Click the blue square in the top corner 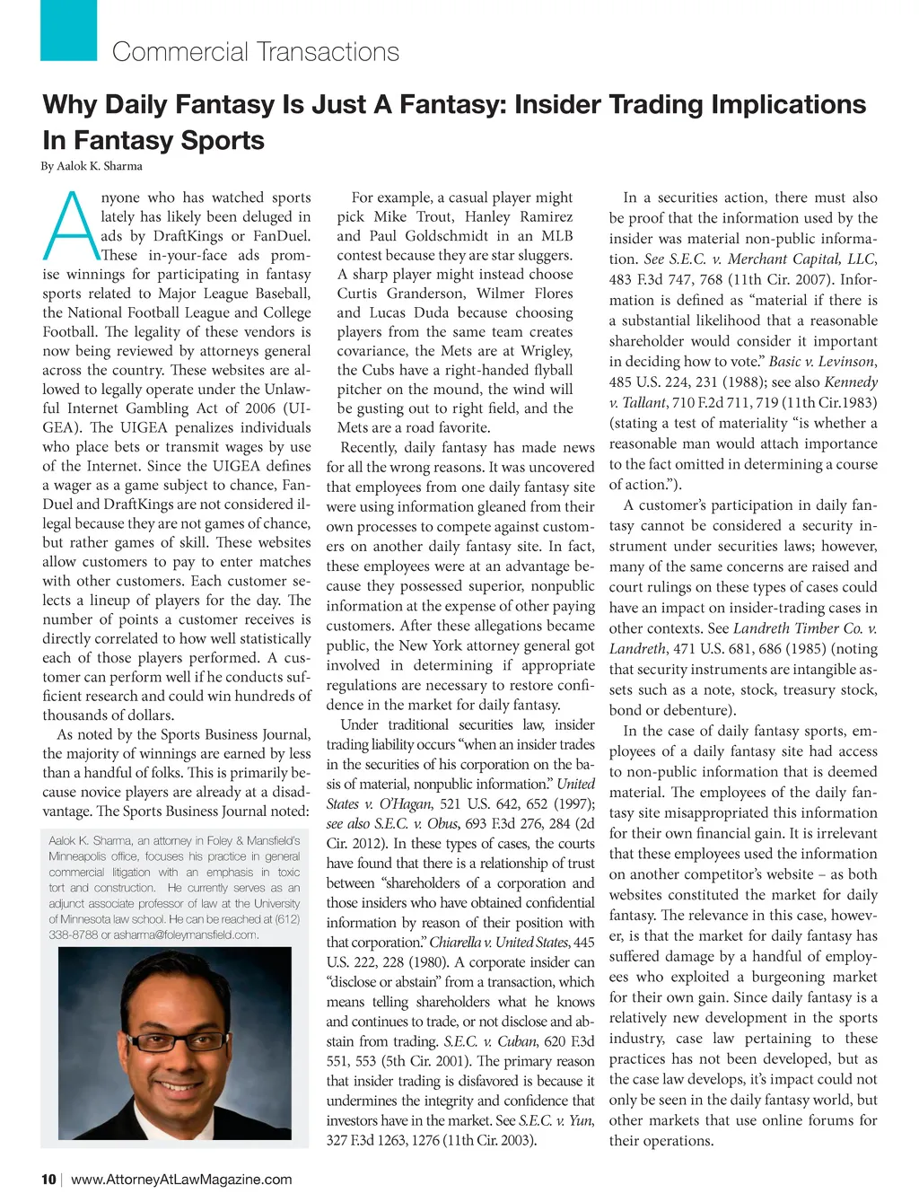pos(68,30)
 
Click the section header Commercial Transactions pos(256,52)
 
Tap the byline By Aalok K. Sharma pos(92,166)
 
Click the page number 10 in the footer pos(48,1180)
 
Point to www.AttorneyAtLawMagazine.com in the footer pos(181,1180)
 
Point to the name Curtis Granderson pos(399,294)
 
